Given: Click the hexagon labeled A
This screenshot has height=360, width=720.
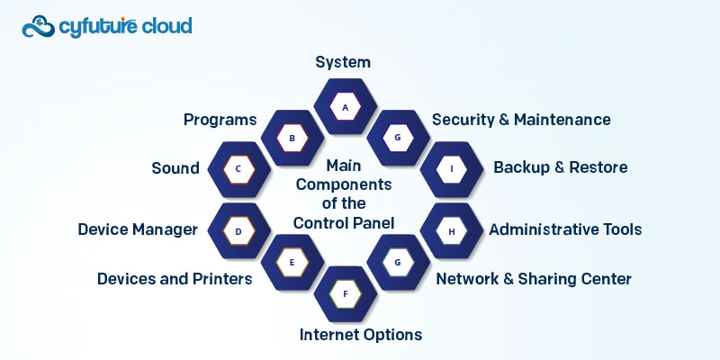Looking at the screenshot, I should click(344, 106).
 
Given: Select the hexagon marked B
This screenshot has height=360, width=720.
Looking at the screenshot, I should click(292, 139).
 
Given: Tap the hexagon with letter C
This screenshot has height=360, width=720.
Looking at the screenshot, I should click(238, 168).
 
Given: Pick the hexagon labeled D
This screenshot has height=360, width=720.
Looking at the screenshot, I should click(238, 231).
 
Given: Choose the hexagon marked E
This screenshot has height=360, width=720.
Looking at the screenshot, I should click(292, 262).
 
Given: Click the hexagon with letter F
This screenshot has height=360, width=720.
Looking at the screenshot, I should click(344, 292).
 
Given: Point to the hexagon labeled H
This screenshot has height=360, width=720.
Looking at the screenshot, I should click(451, 231).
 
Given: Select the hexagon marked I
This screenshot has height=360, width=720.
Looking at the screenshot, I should click(451, 168).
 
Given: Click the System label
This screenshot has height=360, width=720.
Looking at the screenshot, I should click(343, 62).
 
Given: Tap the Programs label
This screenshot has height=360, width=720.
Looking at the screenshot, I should click(220, 120).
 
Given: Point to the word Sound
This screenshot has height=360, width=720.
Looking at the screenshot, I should click(175, 168).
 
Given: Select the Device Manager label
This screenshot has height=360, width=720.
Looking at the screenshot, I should click(138, 229).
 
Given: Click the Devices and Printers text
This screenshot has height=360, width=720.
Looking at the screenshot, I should click(175, 279).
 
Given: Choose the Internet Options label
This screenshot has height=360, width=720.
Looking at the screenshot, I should click(360, 335).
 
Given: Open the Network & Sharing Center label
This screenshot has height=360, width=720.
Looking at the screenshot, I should click(534, 279).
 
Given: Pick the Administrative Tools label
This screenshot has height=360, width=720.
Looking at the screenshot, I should click(565, 229).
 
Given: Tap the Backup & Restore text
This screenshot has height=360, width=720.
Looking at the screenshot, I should click(560, 167).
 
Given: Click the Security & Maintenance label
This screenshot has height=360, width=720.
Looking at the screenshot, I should click(521, 120).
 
